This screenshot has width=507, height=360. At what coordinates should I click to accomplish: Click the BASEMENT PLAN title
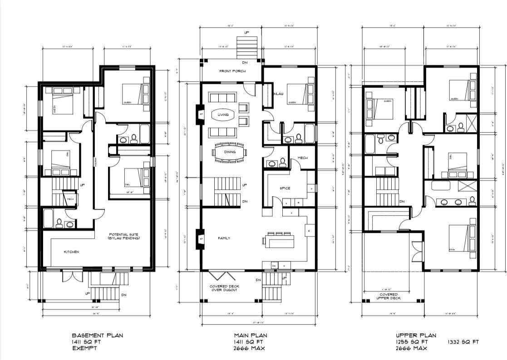[97, 335]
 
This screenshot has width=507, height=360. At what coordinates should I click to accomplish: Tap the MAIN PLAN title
[250, 335]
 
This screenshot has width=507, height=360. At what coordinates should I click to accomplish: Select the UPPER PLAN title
[416, 335]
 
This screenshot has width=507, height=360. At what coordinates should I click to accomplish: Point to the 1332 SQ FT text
[463, 342]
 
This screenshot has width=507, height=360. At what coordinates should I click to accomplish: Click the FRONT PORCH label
[232, 71]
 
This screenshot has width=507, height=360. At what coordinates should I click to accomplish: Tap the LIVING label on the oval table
[223, 115]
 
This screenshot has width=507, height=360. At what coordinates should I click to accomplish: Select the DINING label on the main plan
[229, 152]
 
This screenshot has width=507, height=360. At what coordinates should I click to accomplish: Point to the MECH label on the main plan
[303, 158]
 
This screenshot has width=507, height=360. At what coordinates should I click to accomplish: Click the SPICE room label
[285, 188]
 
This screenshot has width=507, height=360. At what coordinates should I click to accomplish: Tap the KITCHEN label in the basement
[71, 252]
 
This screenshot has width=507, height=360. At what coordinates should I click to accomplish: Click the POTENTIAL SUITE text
[123, 235]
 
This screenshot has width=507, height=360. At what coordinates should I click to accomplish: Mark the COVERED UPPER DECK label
[389, 296]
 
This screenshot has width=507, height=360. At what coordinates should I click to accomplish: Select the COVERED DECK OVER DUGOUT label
[224, 288]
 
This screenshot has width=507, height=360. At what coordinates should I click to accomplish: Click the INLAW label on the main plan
[278, 94]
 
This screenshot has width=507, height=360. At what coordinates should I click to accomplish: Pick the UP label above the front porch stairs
[246, 33]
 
